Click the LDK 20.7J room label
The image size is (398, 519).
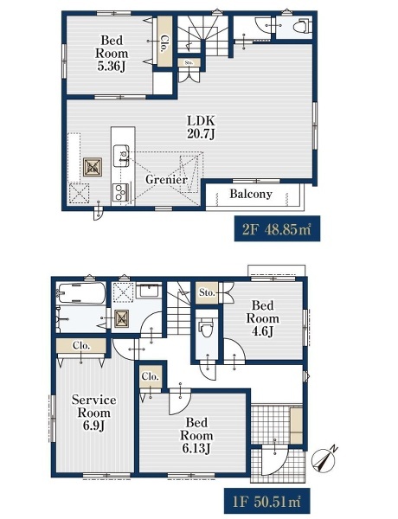[x=201, y=127]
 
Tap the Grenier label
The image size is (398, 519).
[x=166, y=180]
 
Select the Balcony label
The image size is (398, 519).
[x=251, y=194]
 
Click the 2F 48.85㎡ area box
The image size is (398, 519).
[x=277, y=228]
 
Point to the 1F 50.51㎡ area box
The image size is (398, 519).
[x=266, y=501]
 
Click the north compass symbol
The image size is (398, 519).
[x=324, y=458]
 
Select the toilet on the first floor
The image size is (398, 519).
[x=206, y=328]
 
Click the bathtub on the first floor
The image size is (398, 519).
[x=82, y=292]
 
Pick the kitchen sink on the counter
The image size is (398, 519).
[x=121, y=156]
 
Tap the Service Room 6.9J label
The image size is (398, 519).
[x=94, y=413]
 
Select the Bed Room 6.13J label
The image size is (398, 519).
[x=196, y=435]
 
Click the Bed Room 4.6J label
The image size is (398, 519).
[x=262, y=318]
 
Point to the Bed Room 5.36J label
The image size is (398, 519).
[x=112, y=54]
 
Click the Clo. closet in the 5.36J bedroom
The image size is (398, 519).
[x=164, y=42]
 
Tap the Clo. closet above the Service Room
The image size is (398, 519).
[x=81, y=346]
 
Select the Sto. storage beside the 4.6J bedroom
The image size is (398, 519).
[x=207, y=293]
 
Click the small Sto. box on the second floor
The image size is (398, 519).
[x=189, y=62]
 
